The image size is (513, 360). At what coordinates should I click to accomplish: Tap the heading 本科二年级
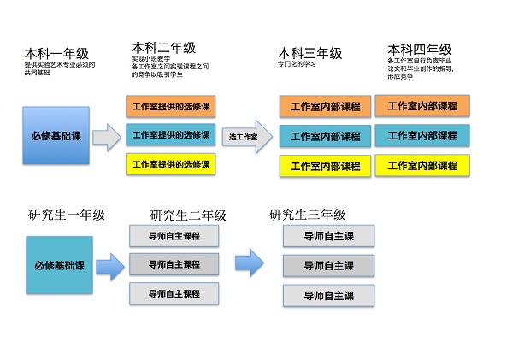pos(163,47)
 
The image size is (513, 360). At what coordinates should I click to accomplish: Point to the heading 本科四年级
pos(420,50)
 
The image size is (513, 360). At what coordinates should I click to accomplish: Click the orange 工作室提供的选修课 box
pos(170,106)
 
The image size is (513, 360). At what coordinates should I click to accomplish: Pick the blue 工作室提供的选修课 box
pos(170,134)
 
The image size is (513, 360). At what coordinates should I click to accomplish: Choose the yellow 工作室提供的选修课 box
pos(170,162)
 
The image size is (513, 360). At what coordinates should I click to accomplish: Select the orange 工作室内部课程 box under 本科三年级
pos(325,107)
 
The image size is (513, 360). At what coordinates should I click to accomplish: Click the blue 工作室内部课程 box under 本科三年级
pos(325,136)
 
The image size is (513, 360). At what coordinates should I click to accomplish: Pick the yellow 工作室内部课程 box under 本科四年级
pos(422,165)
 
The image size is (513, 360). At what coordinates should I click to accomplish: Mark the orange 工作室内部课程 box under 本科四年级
pos(422,106)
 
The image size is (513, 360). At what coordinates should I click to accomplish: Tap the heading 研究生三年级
pos(307,214)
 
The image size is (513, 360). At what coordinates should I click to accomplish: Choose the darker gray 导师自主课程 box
pos(174,264)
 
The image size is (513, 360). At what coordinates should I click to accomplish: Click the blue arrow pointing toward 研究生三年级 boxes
pos(249,263)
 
